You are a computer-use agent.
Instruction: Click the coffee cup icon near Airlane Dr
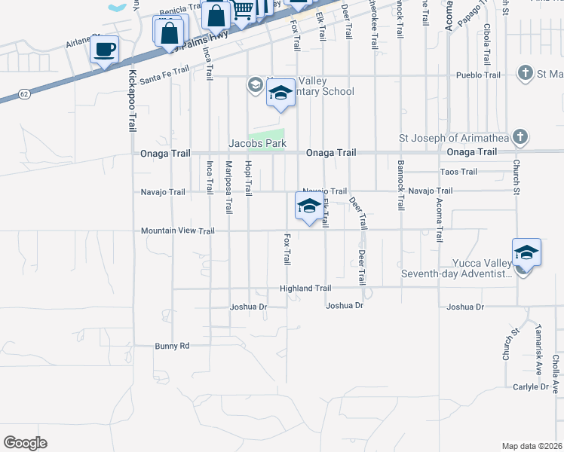[105, 50]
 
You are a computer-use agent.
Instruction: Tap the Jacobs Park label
[257, 142]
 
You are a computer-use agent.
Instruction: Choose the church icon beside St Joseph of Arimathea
[519, 137]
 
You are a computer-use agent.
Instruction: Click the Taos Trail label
[458, 172]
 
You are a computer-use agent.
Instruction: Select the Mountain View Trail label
[177, 231]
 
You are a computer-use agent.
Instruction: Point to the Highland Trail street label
[305, 289]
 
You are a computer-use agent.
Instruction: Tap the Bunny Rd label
[172, 347]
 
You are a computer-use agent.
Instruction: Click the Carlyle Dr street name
[531, 386]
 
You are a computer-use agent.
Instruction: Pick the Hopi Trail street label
[247, 178]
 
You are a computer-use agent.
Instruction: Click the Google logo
[25, 442]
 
